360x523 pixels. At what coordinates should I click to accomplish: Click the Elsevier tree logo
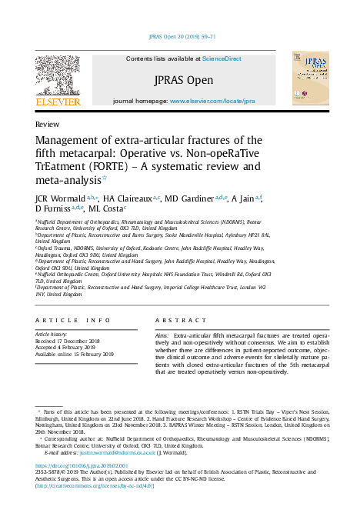pyautogui.click(x=57, y=78)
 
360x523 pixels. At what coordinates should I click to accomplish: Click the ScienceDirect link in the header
pyautogui.click(x=222, y=58)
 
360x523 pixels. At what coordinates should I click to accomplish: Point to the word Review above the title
pyautogui.click(x=48, y=124)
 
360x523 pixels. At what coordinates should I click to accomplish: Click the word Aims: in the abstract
pyautogui.click(x=162, y=337)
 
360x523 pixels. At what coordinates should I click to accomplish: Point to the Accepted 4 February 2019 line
pyautogui.click(x=72, y=348)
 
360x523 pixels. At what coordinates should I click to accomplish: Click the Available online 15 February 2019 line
pyautogui.click(x=75, y=355)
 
